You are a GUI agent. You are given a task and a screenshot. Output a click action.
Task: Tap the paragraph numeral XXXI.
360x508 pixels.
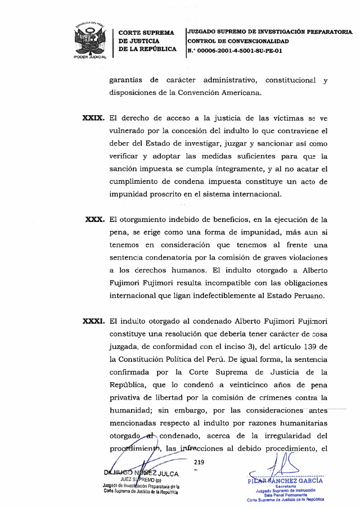click(93, 321)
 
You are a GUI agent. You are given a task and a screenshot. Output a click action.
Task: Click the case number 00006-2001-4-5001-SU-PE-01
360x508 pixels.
click(238, 51)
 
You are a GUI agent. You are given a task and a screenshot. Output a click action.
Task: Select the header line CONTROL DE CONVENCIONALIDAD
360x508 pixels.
click(238, 42)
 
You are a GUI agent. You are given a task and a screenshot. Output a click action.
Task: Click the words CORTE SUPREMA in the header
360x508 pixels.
click(146, 33)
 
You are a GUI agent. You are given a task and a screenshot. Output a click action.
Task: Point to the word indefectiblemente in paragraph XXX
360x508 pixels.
click(226, 296)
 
